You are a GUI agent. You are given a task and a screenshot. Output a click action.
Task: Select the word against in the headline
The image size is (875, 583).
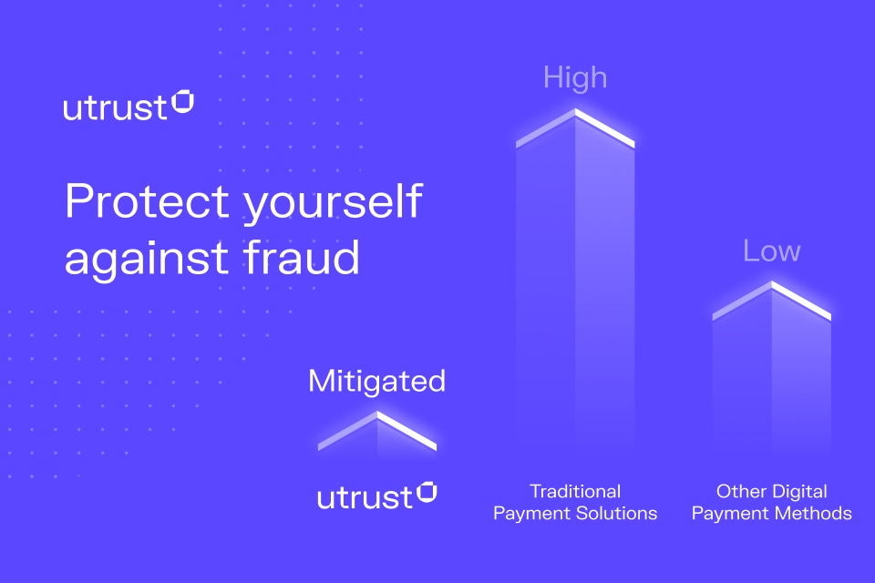[x=148, y=261]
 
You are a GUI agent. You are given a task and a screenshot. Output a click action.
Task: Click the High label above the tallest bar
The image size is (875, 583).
[x=575, y=77]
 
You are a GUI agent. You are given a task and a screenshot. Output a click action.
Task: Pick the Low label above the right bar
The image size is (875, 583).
[x=772, y=251]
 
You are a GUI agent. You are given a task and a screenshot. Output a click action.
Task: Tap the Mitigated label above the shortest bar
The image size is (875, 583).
[x=376, y=382]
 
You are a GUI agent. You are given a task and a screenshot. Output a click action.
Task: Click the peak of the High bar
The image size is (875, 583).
[x=575, y=110]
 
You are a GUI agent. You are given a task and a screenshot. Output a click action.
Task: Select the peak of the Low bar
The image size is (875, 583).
[x=772, y=283]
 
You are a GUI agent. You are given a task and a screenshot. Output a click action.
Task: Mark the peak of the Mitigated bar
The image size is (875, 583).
[x=377, y=413]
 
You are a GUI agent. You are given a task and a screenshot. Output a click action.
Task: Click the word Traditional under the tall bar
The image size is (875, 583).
[x=575, y=492]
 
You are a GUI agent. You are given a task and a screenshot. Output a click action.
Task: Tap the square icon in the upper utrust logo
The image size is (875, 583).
[x=182, y=101]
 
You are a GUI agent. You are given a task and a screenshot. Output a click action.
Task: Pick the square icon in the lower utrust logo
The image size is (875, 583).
[x=427, y=492]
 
